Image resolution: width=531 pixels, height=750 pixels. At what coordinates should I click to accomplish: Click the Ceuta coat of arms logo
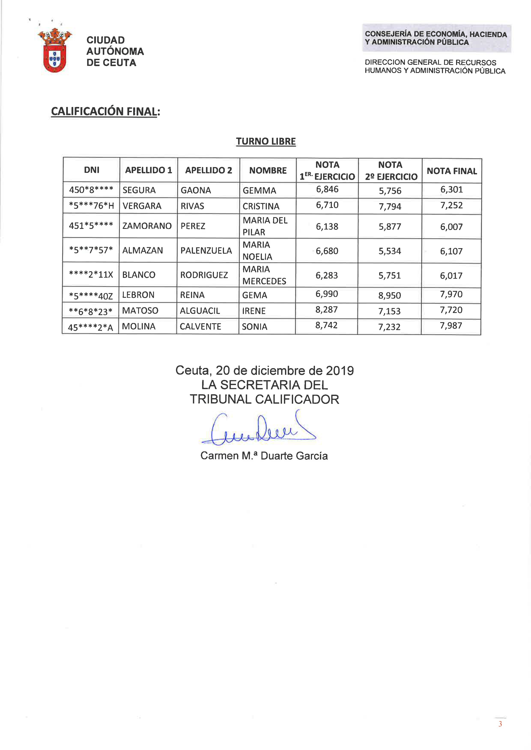[55, 51]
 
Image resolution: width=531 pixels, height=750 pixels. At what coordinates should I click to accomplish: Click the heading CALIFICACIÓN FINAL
[105, 111]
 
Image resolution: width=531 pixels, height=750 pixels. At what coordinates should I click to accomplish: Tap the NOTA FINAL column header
[452, 171]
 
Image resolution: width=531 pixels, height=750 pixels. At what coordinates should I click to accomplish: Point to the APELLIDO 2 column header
[208, 170]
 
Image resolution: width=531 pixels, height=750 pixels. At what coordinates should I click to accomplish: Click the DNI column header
[92, 170]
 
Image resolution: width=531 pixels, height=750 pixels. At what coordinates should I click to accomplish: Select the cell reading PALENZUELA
[206, 250]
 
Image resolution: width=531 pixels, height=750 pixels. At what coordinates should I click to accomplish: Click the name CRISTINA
[261, 206]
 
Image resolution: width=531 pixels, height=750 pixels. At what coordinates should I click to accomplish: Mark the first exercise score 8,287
[326, 310]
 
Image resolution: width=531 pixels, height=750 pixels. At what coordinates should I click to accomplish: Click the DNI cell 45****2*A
[90, 327]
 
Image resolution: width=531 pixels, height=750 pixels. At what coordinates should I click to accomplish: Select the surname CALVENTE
[200, 326]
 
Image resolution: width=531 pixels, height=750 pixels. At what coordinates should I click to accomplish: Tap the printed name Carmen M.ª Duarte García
[264, 456]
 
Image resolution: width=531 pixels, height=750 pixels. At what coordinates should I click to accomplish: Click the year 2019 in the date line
[340, 371]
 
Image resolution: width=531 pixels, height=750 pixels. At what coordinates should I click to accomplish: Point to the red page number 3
[500, 724]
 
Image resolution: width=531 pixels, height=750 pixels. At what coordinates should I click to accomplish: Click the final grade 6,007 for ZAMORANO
[451, 227]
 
